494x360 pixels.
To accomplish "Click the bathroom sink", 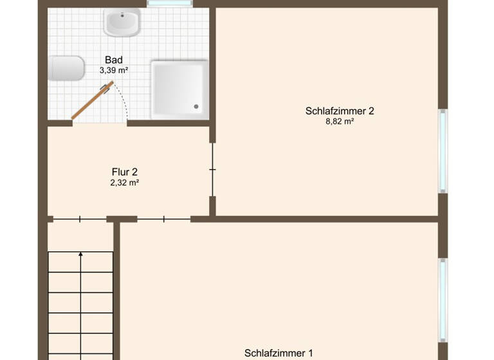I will pos(122,23).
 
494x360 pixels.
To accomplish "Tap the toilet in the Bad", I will pos(66,68).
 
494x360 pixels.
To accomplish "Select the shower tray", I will pos(179,89).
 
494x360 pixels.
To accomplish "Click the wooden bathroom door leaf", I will pos(91,100).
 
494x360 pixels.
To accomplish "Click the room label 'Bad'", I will pos(114,60).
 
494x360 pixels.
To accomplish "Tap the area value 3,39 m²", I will pos(114,70).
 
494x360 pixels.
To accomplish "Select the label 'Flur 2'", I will pos(125,172).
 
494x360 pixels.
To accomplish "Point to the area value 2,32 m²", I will pos(125,183).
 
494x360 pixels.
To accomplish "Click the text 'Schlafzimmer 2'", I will pos(340,111).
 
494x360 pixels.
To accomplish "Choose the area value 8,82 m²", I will pos(340,121).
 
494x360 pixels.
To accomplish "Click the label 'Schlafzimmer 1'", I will pos(279,353).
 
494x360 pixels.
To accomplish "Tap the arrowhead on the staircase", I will pos(80,255).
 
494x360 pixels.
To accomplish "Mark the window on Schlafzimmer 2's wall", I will pos(443,151).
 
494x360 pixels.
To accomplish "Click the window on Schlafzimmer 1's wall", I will pos(443,299).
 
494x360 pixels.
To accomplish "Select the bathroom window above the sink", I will pos(169,3).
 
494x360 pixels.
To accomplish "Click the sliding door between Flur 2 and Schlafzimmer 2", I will pos(213,170).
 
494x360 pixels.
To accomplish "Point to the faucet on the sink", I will pos(122,14).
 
